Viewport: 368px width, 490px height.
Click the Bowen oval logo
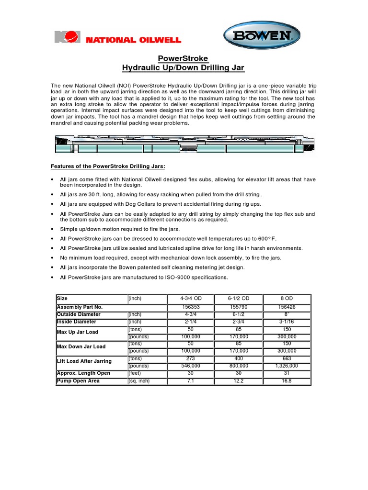pyautogui.click(x=261, y=36)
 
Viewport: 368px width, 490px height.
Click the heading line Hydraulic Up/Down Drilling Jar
pyautogui.click(x=184, y=68)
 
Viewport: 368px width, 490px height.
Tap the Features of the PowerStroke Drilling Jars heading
pyautogui.click(x=108, y=166)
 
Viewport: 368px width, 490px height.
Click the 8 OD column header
pyautogui.click(x=287, y=298)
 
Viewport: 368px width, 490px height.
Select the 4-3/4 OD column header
pyautogui.click(x=191, y=298)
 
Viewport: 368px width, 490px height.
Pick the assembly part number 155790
pyautogui.click(x=239, y=307)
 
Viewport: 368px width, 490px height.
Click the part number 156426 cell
pyautogui.click(x=287, y=307)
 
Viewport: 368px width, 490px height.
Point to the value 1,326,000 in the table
pyautogui.click(x=287, y=366)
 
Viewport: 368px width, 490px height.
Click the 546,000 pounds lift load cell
pyautogui.click(x=191, y=366)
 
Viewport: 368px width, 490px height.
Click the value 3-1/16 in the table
pyautogui.click(x=287, y=322)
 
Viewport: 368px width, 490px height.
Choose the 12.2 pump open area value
pyautogui.click(x=239, y=381)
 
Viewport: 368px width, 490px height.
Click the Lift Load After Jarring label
pyautogui.click(x=84, y=361)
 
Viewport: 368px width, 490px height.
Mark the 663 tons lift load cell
pyautogui.click(x=287, y=358)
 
